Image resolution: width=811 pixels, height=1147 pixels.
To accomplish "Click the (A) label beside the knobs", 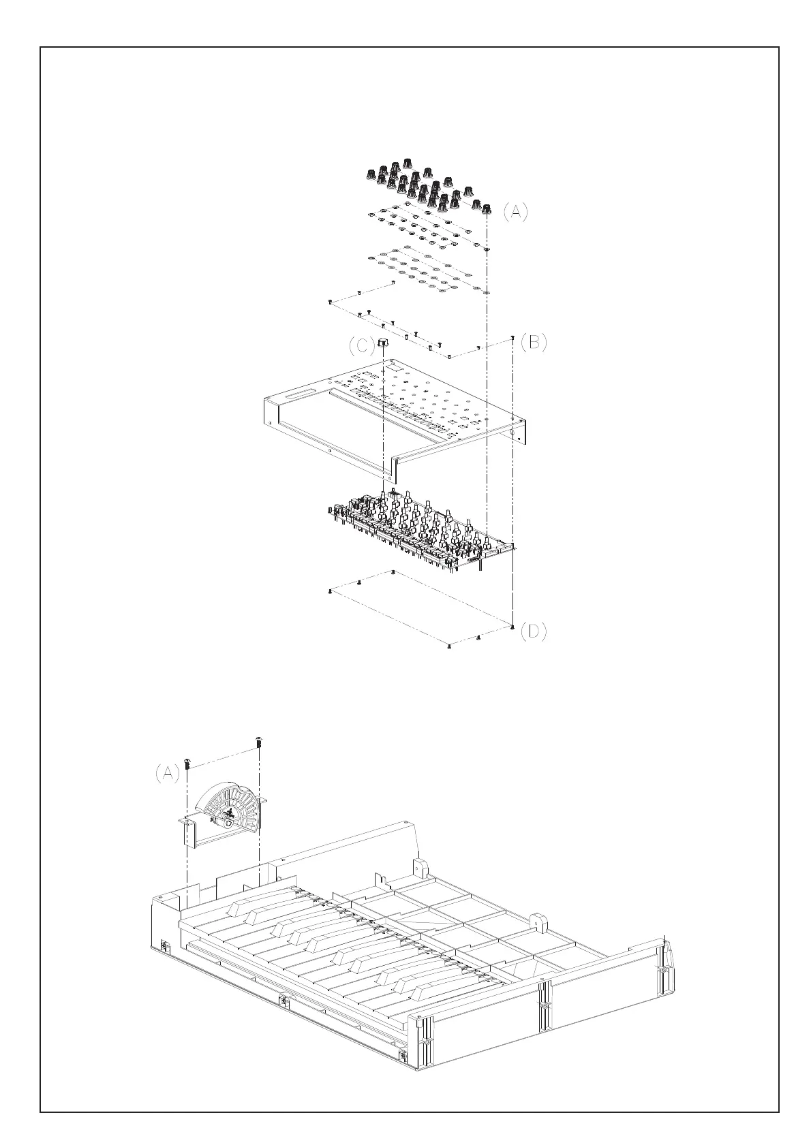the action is tap(515, 212).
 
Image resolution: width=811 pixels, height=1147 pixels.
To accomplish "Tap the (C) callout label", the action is tap(361, 347).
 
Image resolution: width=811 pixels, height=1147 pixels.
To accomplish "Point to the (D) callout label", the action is tap(534, 632).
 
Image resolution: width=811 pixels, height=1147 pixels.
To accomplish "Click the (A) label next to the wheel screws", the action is tap(167, 773).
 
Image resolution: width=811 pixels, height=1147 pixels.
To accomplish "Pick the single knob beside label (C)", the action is tap(382, 343).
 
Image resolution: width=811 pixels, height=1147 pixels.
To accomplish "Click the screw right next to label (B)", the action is tap(512, 338).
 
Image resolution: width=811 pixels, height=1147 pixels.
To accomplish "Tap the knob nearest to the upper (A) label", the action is tap(487, 206).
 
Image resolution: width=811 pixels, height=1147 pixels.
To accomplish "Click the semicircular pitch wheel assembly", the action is tap(228, 809).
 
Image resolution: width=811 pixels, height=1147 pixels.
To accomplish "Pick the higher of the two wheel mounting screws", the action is tap(258, 741).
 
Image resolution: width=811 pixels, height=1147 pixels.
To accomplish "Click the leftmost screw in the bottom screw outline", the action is tap(330, 592).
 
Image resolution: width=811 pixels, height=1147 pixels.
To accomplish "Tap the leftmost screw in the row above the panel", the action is tap(330, 300).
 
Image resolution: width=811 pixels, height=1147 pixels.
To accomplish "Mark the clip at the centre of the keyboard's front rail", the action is tap(284, 1000).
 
